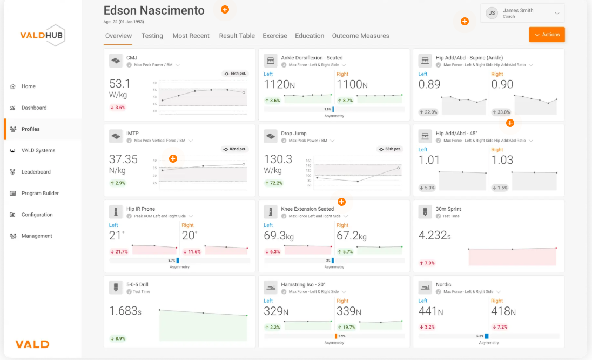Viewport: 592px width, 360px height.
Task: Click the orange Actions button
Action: tap(547, 35)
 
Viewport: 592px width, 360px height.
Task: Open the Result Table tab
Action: tap(237, 36)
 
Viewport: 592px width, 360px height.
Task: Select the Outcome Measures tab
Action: tap(360, 36)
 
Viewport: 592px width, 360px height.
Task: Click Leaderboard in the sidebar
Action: tap(36, 172)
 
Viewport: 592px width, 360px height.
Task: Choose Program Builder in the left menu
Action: tap(40, 193)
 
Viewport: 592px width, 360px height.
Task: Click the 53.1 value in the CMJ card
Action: tap(120, 84)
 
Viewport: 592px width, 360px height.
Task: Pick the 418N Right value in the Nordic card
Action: tap(503, 311)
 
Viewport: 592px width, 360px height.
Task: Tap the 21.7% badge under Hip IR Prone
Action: tap(119, 251)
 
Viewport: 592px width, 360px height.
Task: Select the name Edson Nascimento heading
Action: tap(154, 10)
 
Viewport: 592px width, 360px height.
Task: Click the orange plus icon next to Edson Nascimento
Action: tap(225, 10)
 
